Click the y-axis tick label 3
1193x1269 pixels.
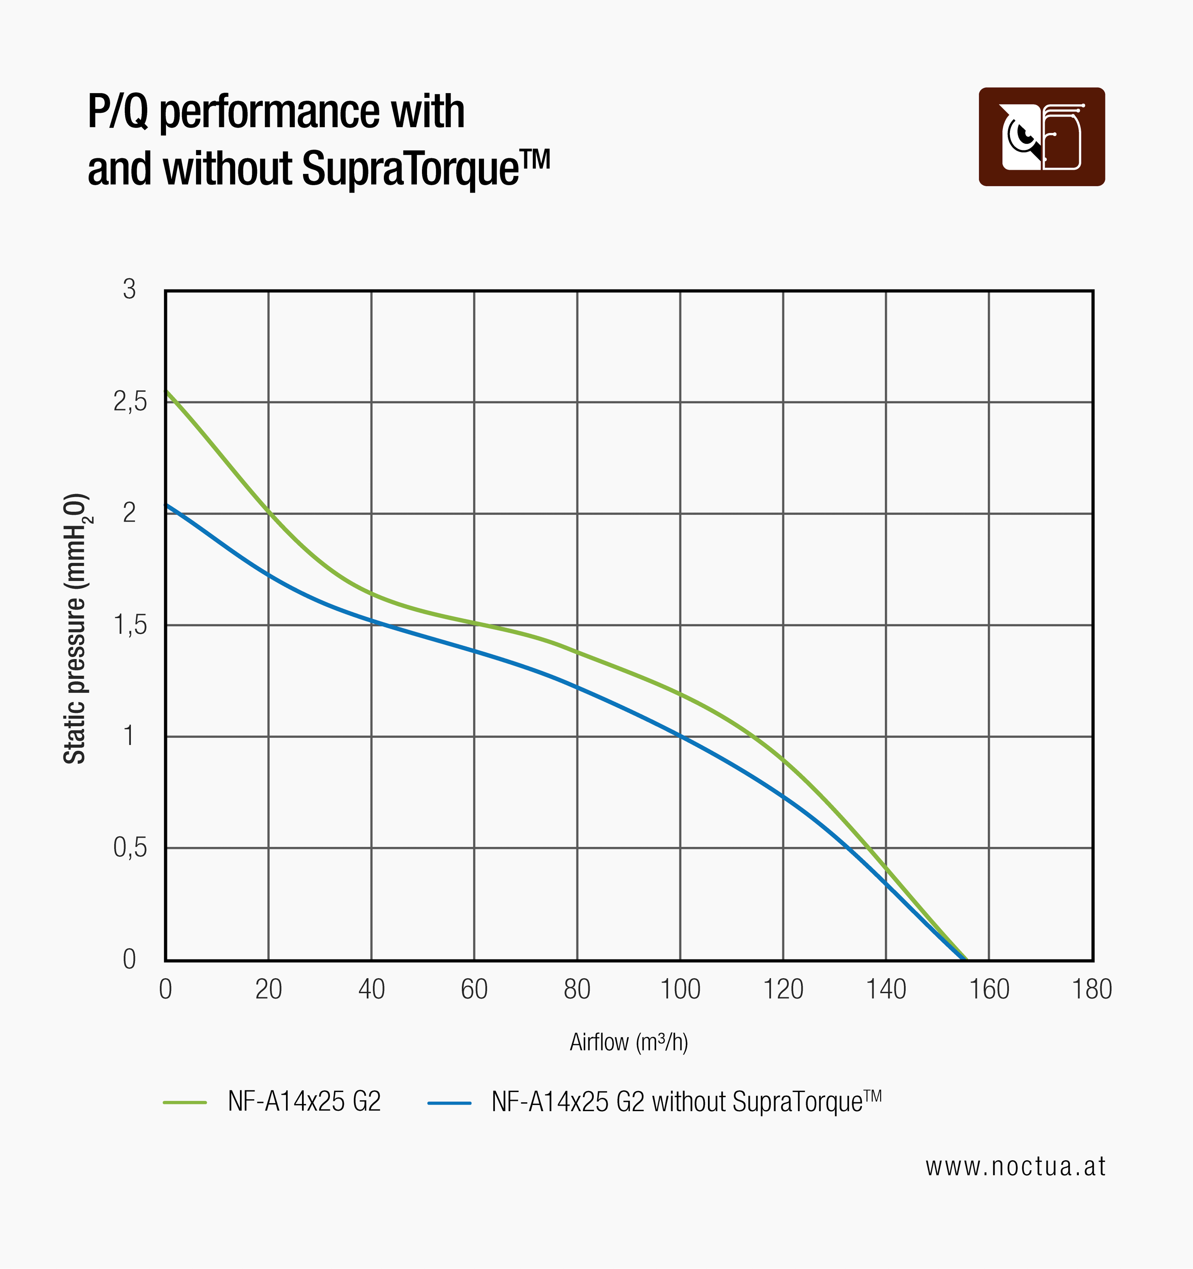click(129, 290)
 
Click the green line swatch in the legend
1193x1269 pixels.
click(185, 1102)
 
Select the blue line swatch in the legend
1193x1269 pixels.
click(450, 1102)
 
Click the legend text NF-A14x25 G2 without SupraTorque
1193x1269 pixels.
click(686, 1102)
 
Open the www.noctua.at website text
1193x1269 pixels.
click(1015, 1166)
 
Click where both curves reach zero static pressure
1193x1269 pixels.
click(965, 958)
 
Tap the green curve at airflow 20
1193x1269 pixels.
click(269, 513)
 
